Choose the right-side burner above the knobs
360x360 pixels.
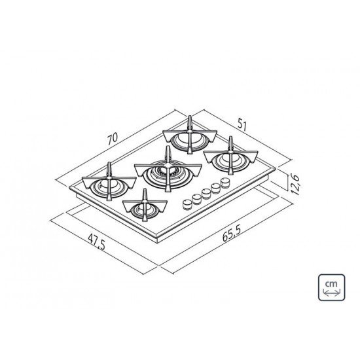(228, 157)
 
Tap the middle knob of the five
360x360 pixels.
(207, 192)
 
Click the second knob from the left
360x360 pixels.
(197, 198)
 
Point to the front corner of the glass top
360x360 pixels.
(154, 238)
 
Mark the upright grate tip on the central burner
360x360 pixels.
(168, 152)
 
